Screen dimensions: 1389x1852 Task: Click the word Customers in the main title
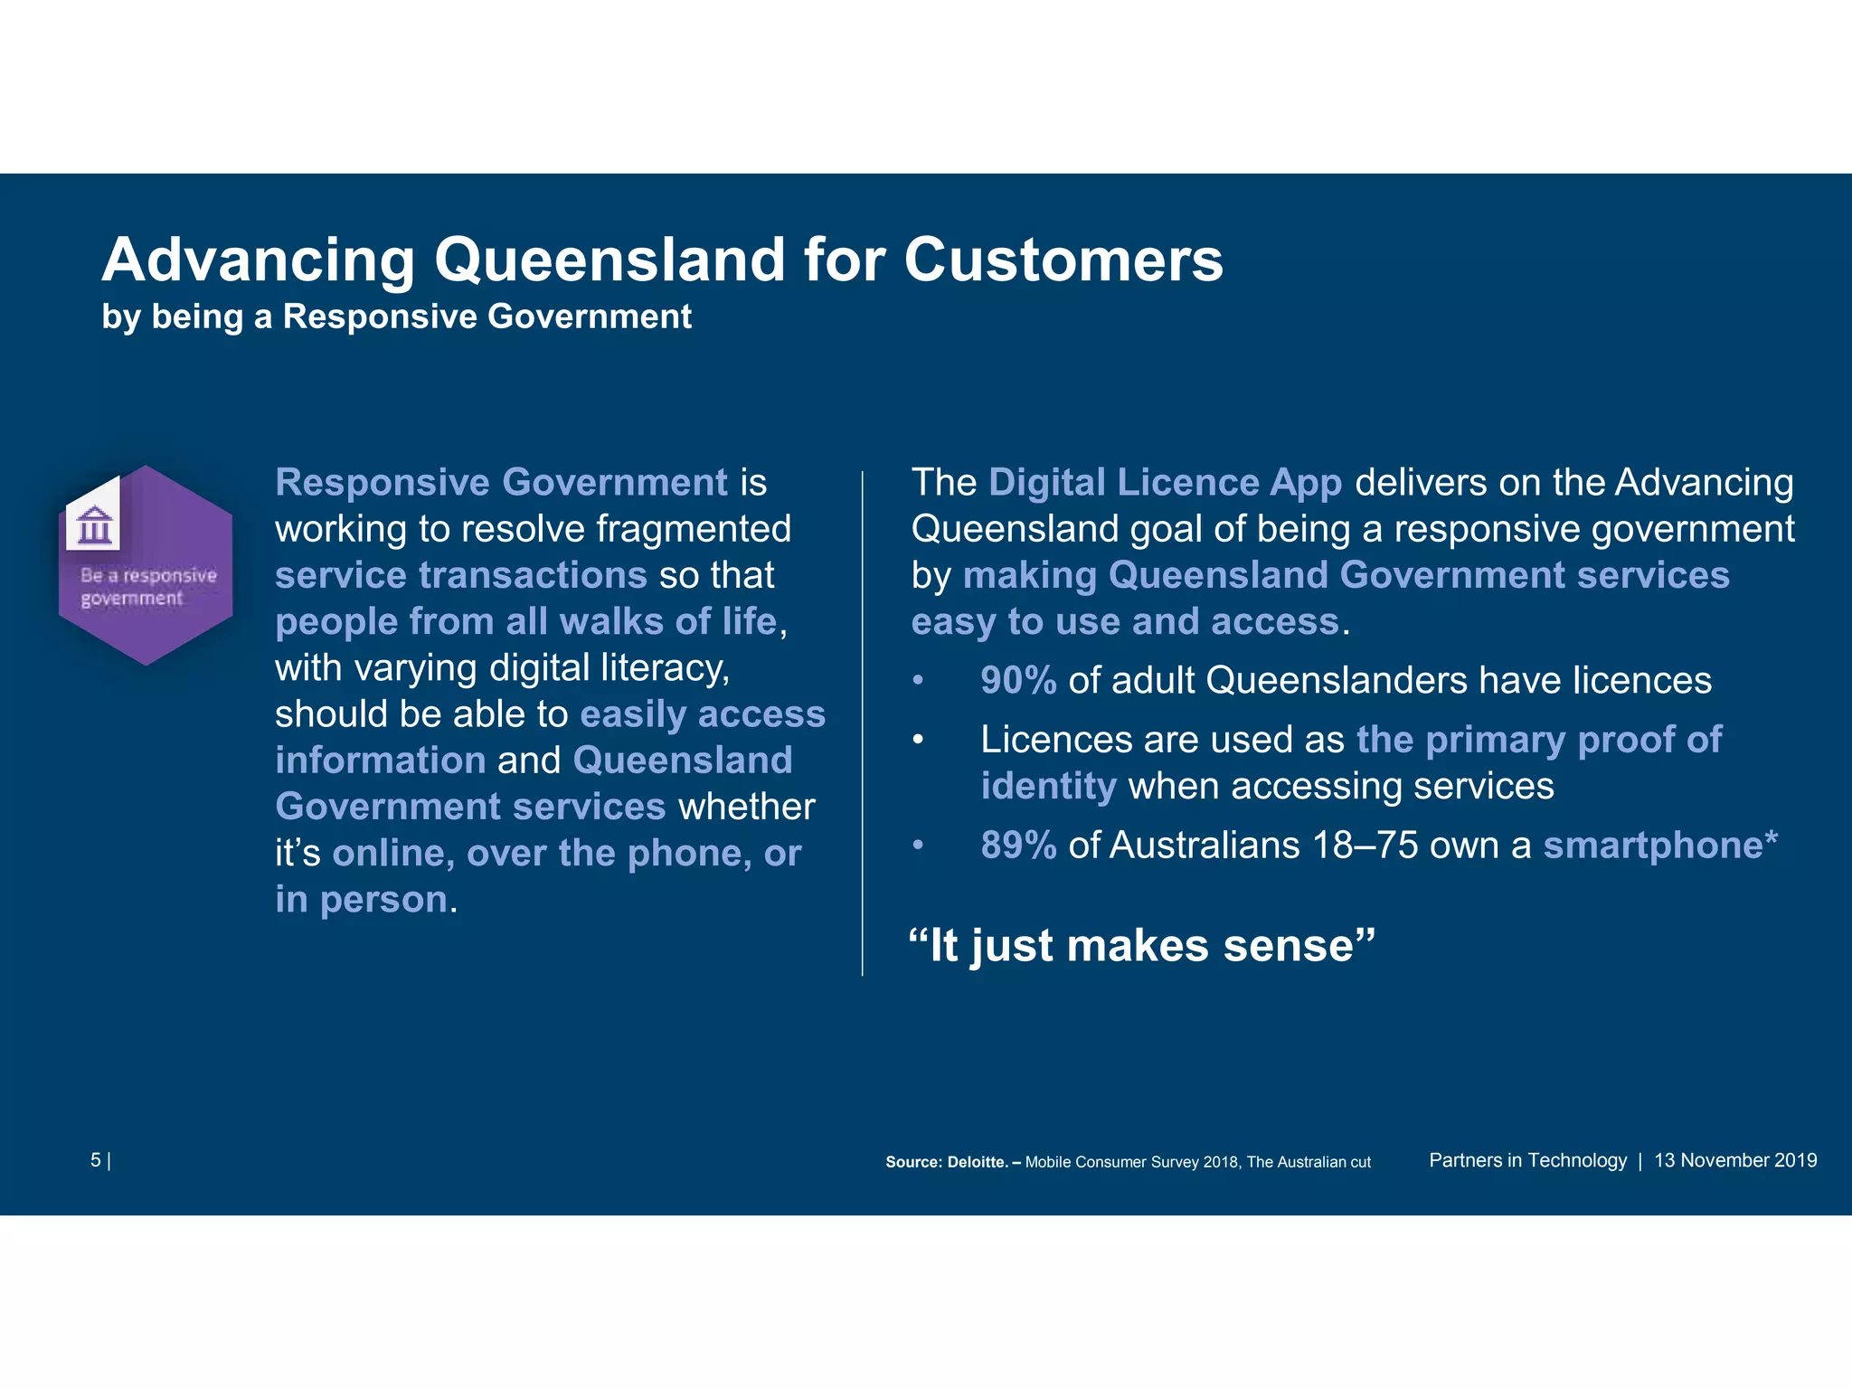coord(1063,260)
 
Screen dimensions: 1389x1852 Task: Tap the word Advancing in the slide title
coord(259,260)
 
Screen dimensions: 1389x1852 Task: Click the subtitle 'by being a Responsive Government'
coord(396,317)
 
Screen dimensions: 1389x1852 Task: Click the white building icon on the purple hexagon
coord(94,524)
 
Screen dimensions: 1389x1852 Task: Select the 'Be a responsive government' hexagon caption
coord(148,587)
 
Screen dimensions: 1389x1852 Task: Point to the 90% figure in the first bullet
coord(1018,681)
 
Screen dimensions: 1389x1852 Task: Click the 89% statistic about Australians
coord(1018,846)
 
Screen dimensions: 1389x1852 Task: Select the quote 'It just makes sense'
coord(1141,946)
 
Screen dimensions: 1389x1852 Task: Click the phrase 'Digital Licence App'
coord(1165,483)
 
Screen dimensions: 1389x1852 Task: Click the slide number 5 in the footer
coord(96,1160)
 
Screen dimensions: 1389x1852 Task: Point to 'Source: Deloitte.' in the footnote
coord(946,1162)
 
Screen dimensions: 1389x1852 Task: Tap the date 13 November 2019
coord(1735,1160)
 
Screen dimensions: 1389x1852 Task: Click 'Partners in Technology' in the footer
coord(1527,1160)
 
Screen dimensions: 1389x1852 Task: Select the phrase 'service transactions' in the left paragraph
coord(461,576)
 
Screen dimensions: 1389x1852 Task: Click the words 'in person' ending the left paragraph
coord(362,900)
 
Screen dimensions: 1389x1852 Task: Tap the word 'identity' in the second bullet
coord(1048,787)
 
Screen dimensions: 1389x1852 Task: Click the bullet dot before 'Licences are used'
coord(918,741)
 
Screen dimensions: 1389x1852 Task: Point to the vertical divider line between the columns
coord(863,723)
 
